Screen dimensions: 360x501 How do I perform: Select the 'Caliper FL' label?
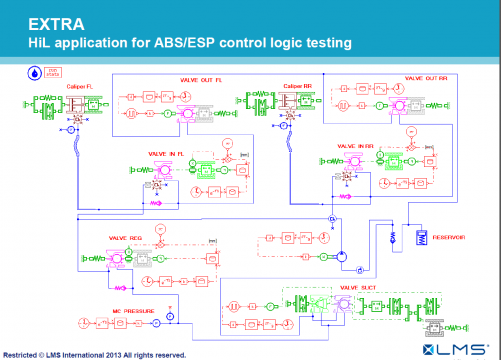(x=81, y=87)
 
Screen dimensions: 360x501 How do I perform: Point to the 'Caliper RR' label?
(x=296, y=86)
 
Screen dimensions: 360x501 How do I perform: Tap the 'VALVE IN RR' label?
(x=356, y=147)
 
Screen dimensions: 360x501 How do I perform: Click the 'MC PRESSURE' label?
(x=105, y=310)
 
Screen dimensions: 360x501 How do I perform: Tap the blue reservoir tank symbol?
(x=422, y=237)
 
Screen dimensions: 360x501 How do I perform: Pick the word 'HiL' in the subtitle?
(x=41, y=43)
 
